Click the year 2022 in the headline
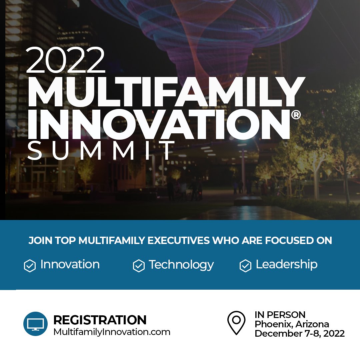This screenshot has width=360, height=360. point(65,60)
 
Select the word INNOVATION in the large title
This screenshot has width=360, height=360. point(158,123)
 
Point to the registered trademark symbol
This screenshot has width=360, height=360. point(296,115)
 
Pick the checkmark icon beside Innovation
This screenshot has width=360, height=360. point(30,266)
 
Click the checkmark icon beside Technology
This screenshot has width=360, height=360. point(138,266)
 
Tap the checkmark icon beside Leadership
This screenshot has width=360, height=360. point(245,266)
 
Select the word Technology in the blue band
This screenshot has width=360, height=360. point(181,265)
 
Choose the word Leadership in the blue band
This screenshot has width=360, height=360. point(286,264)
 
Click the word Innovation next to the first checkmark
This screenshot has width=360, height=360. point(70,264)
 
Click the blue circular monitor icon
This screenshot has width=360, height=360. point(35,324)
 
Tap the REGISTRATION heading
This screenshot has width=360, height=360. point(100,320)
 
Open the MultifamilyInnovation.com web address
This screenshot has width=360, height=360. point(112,332)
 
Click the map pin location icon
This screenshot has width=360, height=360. point(236,322)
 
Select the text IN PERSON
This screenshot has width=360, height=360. point(280,314)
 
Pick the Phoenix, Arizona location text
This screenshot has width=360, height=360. point(292,324)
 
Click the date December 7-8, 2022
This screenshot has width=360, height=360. point(299,333)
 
